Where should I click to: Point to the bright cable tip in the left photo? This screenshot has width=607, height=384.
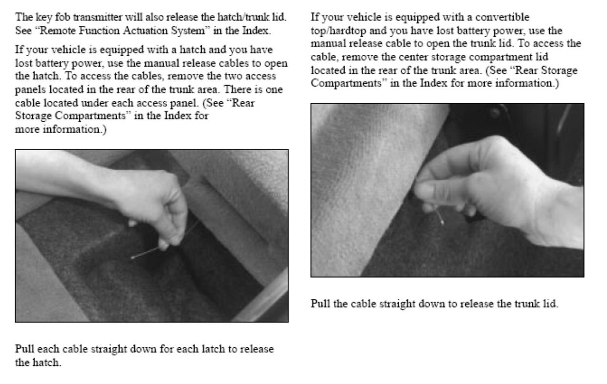point(133,257)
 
